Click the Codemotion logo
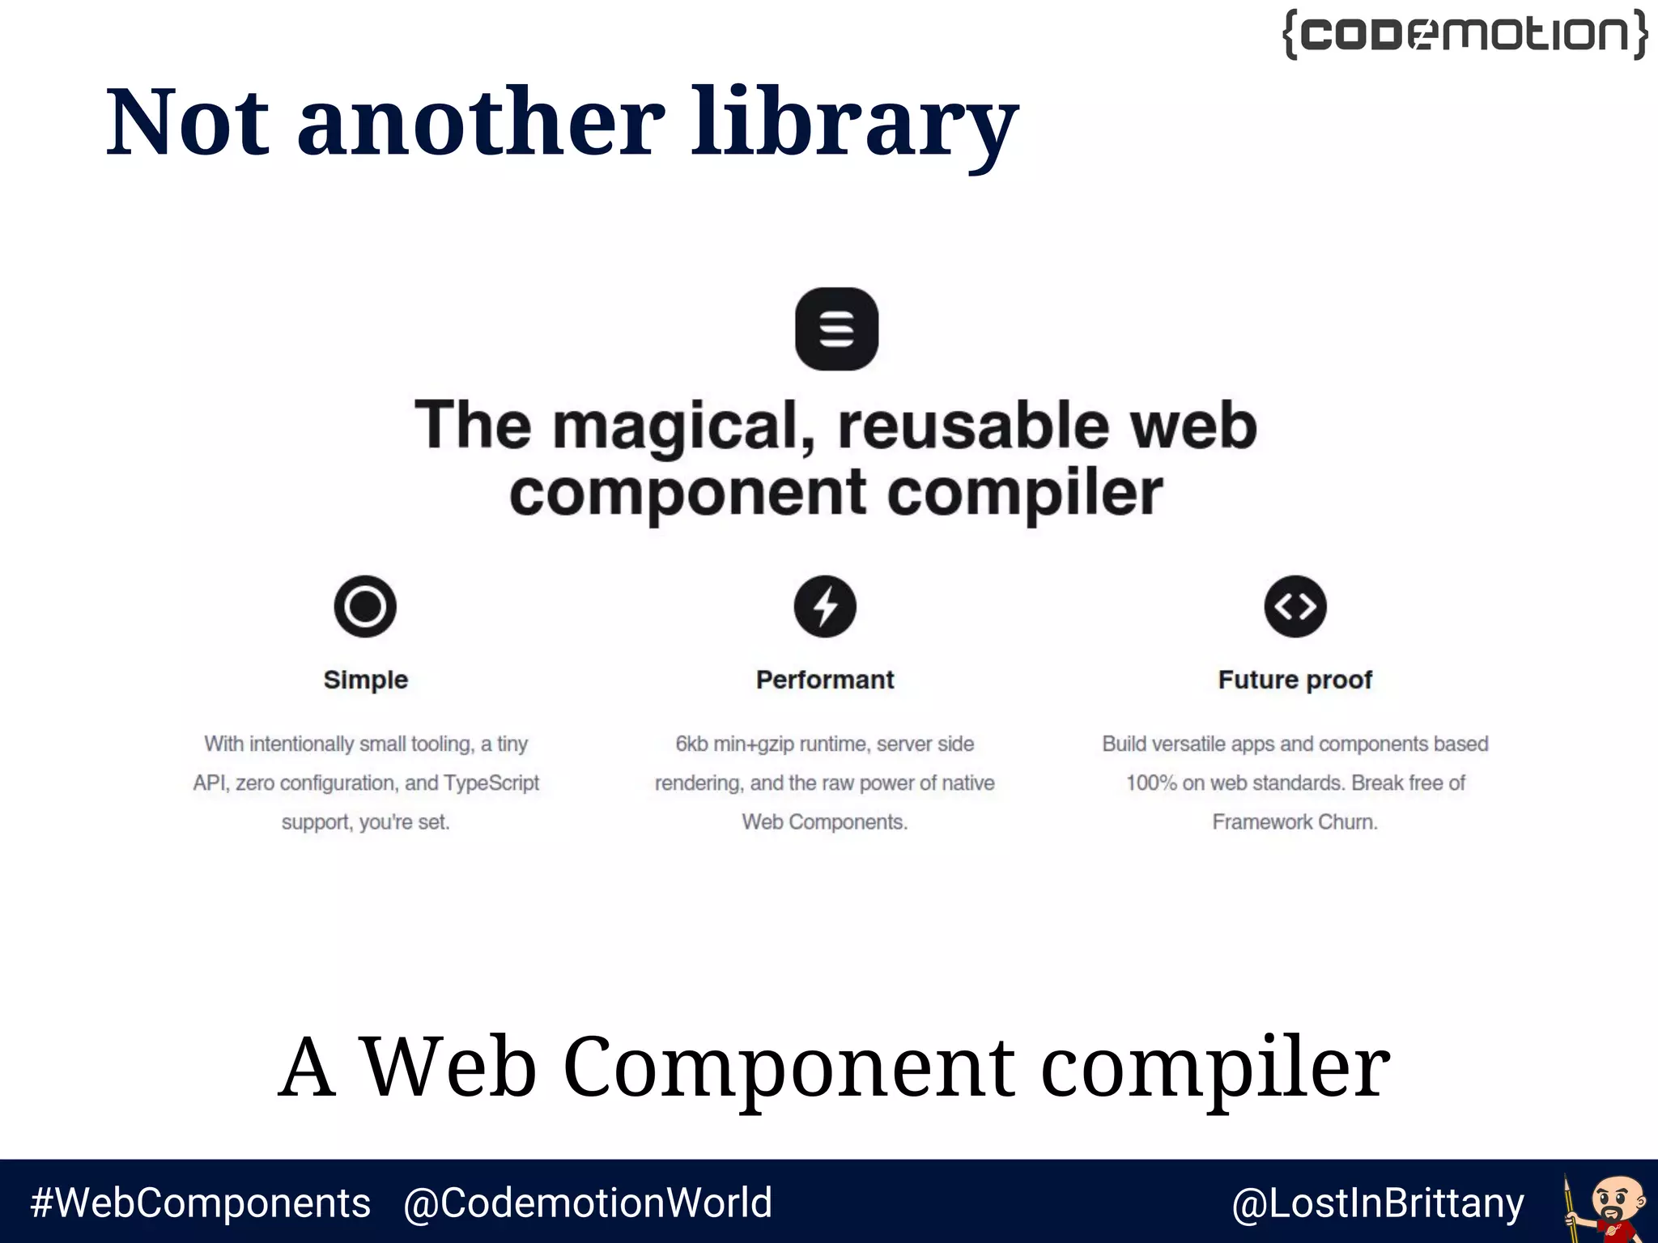pos(1465,35)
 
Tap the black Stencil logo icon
pos(836,329)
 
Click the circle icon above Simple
pos(365,606)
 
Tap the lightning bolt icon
pos(825,606)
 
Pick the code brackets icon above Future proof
pos(1295,606)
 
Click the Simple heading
pos(365,680)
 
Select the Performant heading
pos(825,680)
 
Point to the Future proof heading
pos(1295,680)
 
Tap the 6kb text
pos(691,744)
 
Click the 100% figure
pos(1151,783)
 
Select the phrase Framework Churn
pos(1295,822)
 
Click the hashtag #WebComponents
pos(201,1203)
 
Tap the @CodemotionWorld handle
pos(588,1203)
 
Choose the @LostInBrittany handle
pos(1378,1203)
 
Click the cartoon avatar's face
pos(1618,1198)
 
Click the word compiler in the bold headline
pos(1025,494)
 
